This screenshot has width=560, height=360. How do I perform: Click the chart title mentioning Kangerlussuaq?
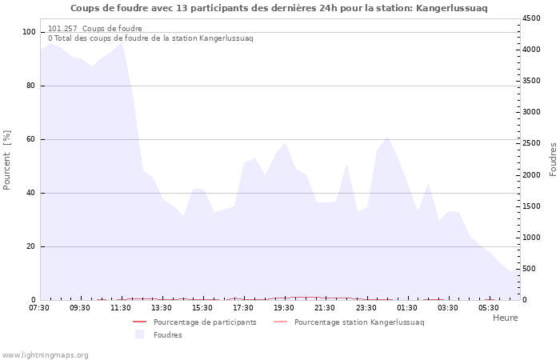(278, 8)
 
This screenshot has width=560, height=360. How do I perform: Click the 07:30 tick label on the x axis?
(39, 307)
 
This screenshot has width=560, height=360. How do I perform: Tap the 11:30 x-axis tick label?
(121, 307)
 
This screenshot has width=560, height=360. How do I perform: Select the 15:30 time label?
(202, 307)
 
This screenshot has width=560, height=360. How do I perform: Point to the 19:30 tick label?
(284, 307)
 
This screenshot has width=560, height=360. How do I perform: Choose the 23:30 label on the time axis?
(366, 307)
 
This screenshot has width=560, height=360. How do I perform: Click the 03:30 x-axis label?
(447, 307)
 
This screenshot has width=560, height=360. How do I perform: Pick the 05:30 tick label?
(488, 307)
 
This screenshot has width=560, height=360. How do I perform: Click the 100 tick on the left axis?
(29, 32)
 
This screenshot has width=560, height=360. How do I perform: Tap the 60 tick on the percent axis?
(31, 139)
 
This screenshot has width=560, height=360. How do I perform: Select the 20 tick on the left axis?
(31, 246)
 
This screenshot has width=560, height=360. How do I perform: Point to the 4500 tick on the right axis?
(532, 18)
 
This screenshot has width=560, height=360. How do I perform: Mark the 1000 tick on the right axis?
(532, 238)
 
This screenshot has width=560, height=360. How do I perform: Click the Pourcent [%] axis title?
(7, 160)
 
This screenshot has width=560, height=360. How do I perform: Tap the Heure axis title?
(505, 318)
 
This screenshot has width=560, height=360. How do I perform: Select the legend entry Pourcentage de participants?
(205, 322)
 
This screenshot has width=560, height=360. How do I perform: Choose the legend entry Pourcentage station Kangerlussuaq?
(359, 322)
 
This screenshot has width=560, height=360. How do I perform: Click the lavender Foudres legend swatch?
(140, 334)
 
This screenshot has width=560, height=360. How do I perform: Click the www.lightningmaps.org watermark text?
(46, 354)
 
